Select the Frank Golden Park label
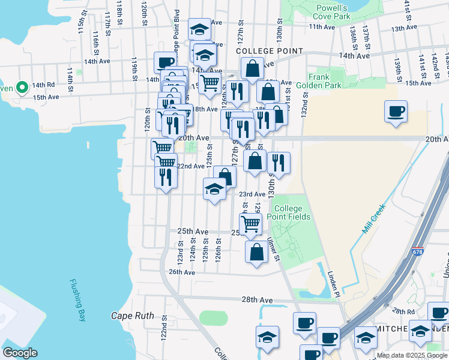pos(324,81)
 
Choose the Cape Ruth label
pos(133,316)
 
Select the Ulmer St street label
pos(274,250)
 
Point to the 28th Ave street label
pos(257,299)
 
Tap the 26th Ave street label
pos(182,272)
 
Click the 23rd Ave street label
pos(252,194)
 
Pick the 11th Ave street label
pos(321,27)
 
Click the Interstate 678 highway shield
pos(418,251)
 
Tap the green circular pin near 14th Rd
pos(22,88)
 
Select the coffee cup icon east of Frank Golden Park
pos(396,112)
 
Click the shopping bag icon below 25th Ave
pos(256,252)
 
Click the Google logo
pos(19,353)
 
